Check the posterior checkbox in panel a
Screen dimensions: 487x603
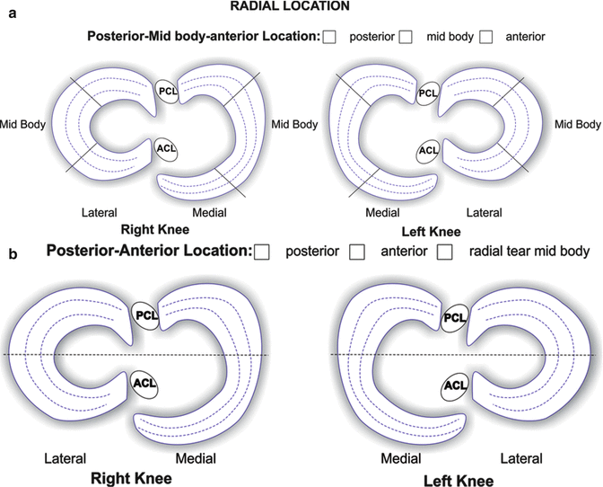(329, 37)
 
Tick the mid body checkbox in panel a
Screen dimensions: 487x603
(406, 37)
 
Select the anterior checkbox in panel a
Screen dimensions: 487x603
(486, 37)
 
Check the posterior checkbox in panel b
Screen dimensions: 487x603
(262, 252)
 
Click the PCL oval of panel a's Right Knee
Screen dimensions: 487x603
(167, 92)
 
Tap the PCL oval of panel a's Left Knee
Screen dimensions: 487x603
(429, 92)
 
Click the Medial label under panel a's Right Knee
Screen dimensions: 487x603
(210, 212)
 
